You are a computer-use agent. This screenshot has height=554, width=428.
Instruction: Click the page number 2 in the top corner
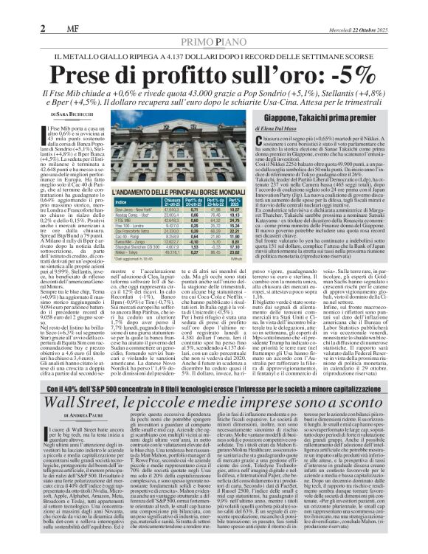click(44, 28)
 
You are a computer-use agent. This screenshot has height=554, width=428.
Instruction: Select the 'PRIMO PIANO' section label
click(214, 43)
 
